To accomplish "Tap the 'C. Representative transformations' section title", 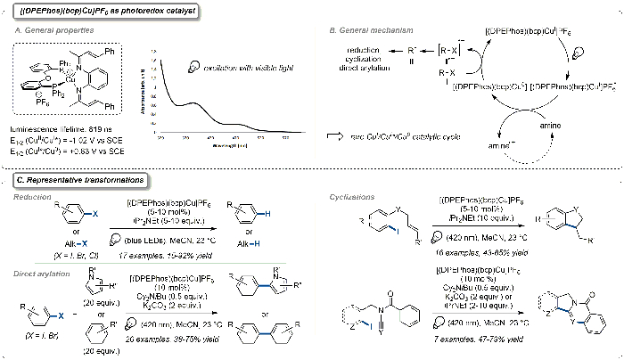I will click(75, 179).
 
